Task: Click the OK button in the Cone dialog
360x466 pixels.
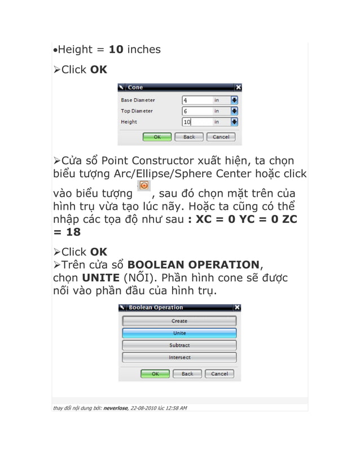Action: (x=157, y=137)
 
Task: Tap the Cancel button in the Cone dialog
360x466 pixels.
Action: (x=221, y=137)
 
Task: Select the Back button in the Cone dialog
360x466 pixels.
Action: (x=189, y=137)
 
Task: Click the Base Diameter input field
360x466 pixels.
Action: (x=197, y=100)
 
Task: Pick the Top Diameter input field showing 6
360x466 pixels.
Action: (x=197, y=111)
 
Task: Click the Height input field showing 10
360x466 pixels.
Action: (x=197, y=122)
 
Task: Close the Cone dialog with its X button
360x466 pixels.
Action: (x=238, y=87)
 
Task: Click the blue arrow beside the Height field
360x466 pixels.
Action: (x=235, y=122)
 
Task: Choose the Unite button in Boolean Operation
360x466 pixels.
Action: (x=179, y=333)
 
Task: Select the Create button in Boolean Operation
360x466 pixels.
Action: (x=179, y=321)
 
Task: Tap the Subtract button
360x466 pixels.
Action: (x=179, y=345)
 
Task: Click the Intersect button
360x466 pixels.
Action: (x=179, y=357)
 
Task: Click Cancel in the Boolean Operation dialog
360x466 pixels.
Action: (x=219, y=373)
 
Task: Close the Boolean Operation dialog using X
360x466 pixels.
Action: (x=237, y=307)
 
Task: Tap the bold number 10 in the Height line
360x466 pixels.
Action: (x=116, y=50)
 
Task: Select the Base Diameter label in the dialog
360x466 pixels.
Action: (x=138, y=100)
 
